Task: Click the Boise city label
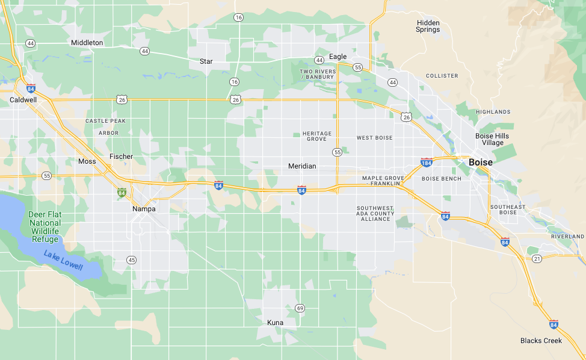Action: coord(480,163)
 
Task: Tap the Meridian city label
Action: coord(302,166)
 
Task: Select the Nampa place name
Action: coord(144,209)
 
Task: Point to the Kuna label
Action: coord(275,323)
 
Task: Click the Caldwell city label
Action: coord(23,99)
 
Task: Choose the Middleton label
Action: coord(87,43)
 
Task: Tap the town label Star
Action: coord(206,61)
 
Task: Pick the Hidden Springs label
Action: coord(428,26)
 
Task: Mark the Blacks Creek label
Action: coord(541,341)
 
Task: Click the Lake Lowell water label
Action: coord(63,259)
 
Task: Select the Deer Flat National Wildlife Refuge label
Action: coord(45,227)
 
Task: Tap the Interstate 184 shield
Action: coord(427,163)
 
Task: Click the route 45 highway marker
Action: coord(131,259)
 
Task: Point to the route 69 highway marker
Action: coord(300,308)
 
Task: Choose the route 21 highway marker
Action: coord(537,258)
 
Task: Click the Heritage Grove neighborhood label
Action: coord(316,136)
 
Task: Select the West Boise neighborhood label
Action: coord(374,138)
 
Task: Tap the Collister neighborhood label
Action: coord(442,76)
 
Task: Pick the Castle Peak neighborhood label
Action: coord(105,121)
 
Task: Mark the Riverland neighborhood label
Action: coord(567,237)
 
